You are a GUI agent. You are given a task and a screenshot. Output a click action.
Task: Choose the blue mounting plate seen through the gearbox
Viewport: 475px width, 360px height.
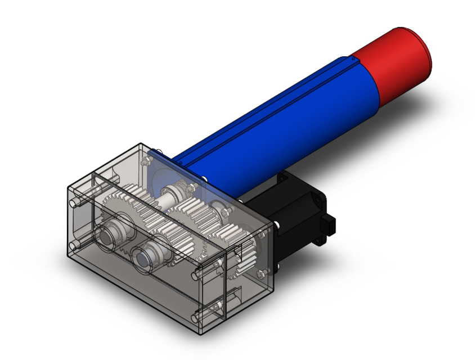click(x=169, y=169)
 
